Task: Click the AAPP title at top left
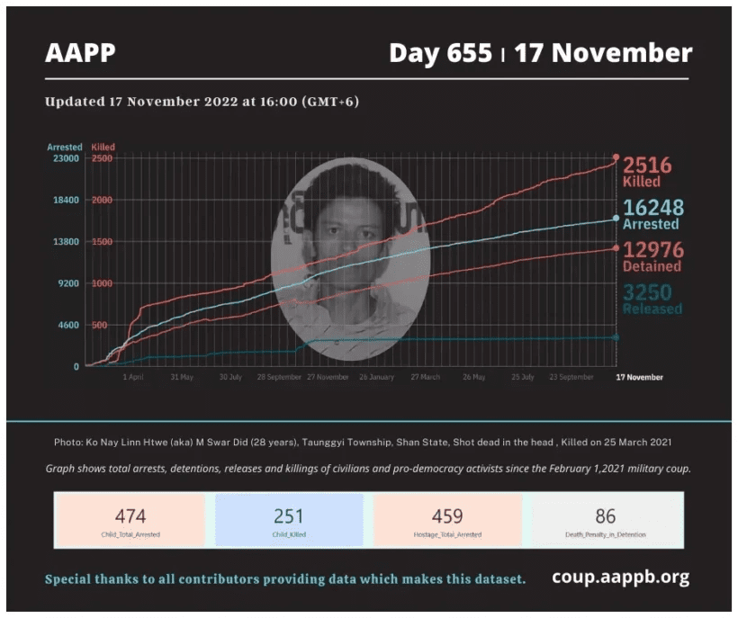[x=80, y=53]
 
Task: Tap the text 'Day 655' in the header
[x=440, y=53]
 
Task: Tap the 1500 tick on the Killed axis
[x=101, y=241]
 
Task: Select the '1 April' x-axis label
[x=133, y=377]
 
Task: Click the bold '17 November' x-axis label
[x=639, y=377]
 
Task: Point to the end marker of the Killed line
[x=616, y=157]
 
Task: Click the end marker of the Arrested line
[x=616, y=218]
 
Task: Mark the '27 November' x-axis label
[x=328, y=377]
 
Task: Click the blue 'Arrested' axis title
[x=65, y=147]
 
